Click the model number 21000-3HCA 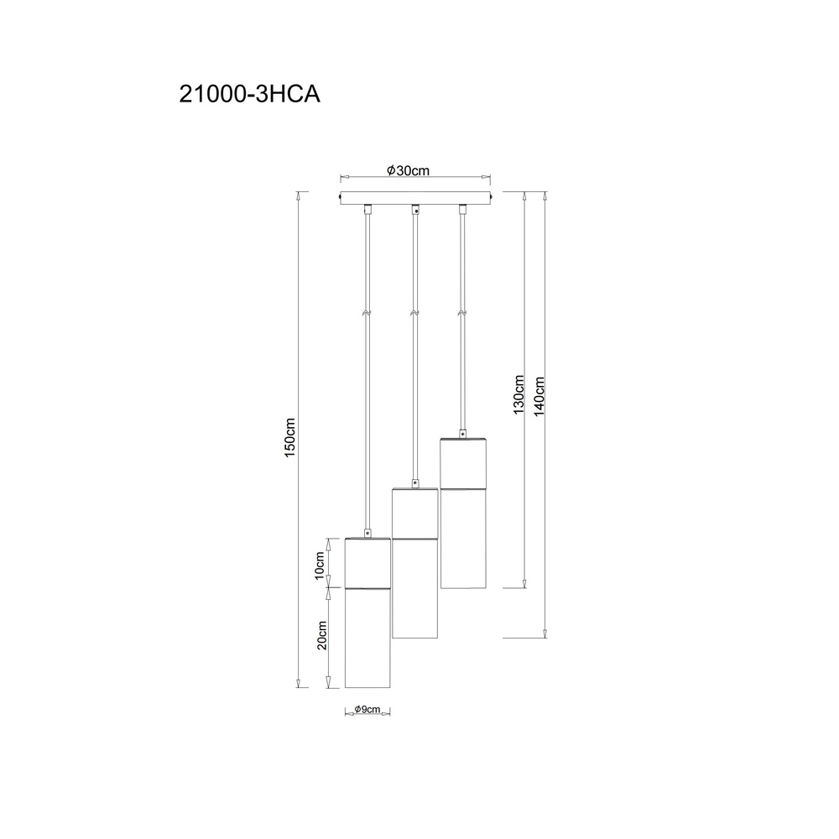249,94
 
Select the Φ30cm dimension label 409,170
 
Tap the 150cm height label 289,437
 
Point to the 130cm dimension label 519,394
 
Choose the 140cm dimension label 539,396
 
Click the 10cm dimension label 320,565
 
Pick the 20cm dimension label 321,635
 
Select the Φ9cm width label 367,710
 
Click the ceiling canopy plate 416,197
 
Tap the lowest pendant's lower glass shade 367,638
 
